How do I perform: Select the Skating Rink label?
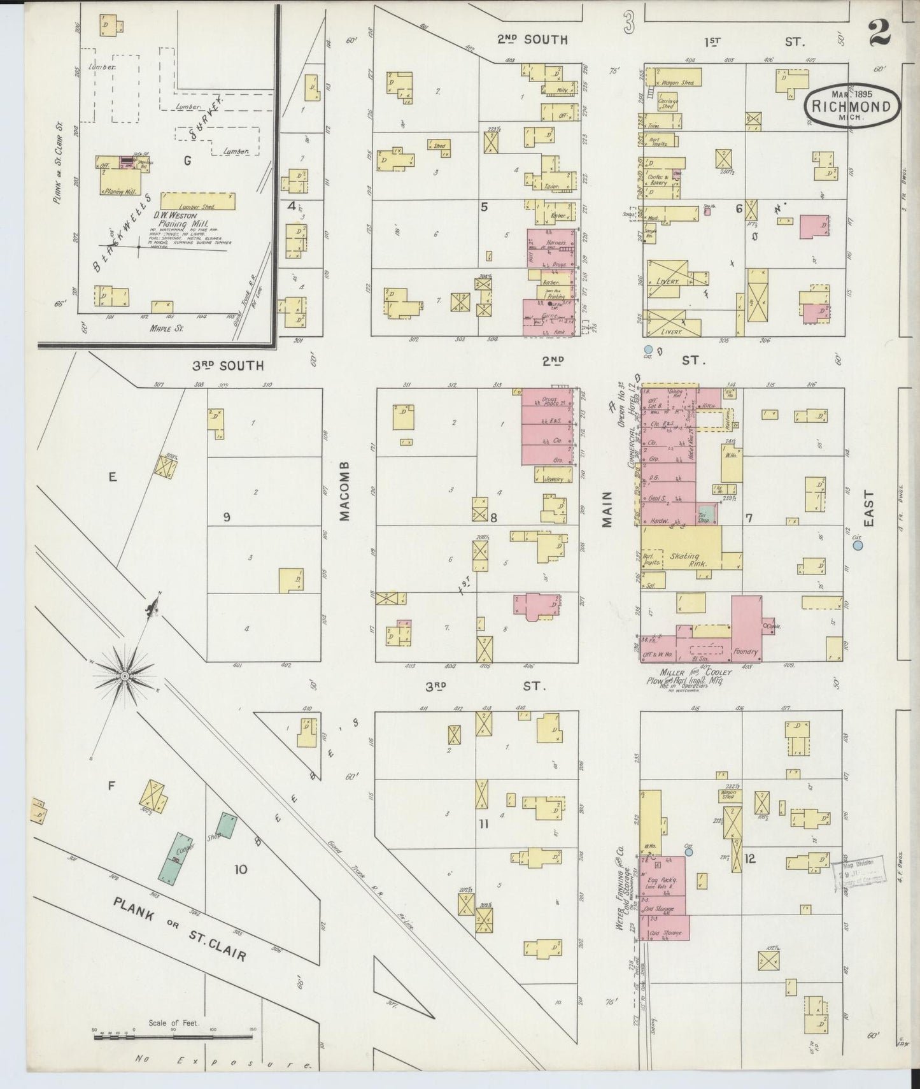[684, 560]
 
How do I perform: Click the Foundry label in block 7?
[746, 651]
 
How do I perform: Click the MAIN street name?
[607, 509]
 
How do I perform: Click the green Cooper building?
[176, 859]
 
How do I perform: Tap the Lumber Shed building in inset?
[198, 201]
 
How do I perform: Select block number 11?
[484, 823]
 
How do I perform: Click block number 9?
[226, 517]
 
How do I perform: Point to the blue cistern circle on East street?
[858, 545]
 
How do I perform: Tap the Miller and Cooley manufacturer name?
[689, 673]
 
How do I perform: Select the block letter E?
[112, 476]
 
